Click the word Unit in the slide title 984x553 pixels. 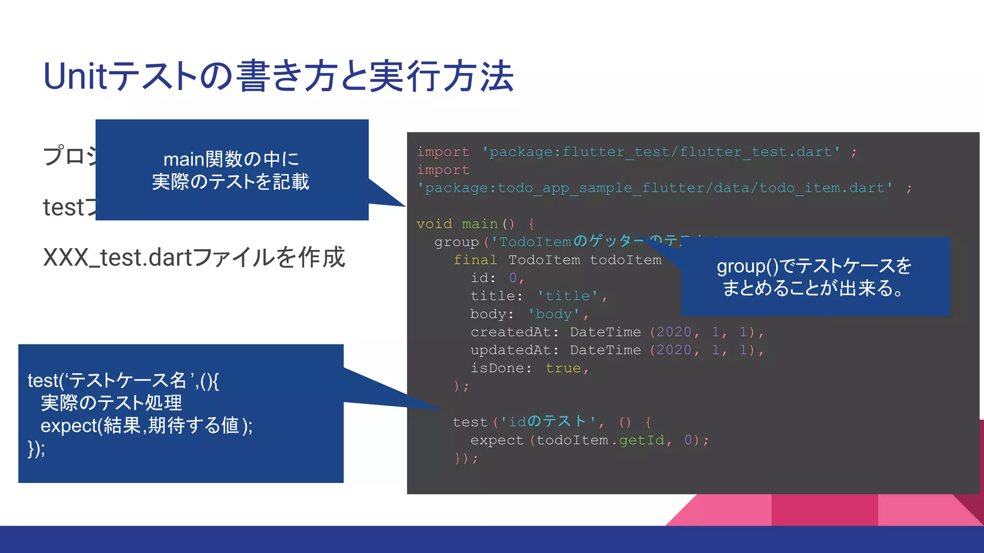point(75,77)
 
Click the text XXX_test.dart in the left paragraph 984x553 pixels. point(117,258)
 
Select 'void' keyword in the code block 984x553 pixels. point(434,224)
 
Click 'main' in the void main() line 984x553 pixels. point(480,224)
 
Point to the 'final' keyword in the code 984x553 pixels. point(475,260)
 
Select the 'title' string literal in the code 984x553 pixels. point(567,296)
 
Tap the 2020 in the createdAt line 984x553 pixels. point(674,332)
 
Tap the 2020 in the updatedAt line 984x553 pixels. point(674,350)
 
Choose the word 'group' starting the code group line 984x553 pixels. point(456,242)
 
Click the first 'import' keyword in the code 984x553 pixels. point(443,152)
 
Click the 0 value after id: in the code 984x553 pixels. point(513,278)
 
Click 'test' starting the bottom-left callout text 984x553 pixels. point(43,381)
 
